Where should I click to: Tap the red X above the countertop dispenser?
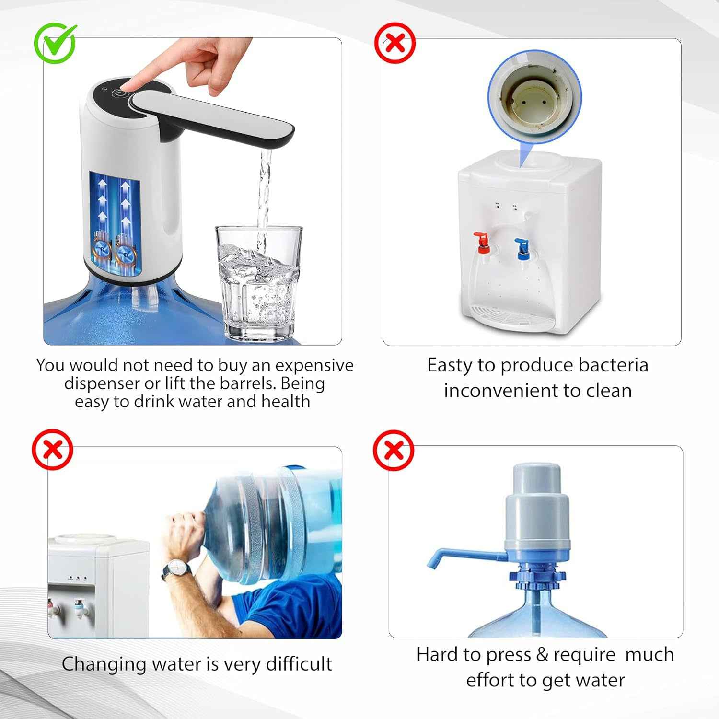click(x=394, y=44)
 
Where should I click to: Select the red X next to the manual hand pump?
click(x=394, y=451)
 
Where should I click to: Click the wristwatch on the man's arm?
click(x=176, y=570)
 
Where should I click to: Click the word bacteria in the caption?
click(x=613, y=365)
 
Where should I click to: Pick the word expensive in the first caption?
click(x=314, y=365)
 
